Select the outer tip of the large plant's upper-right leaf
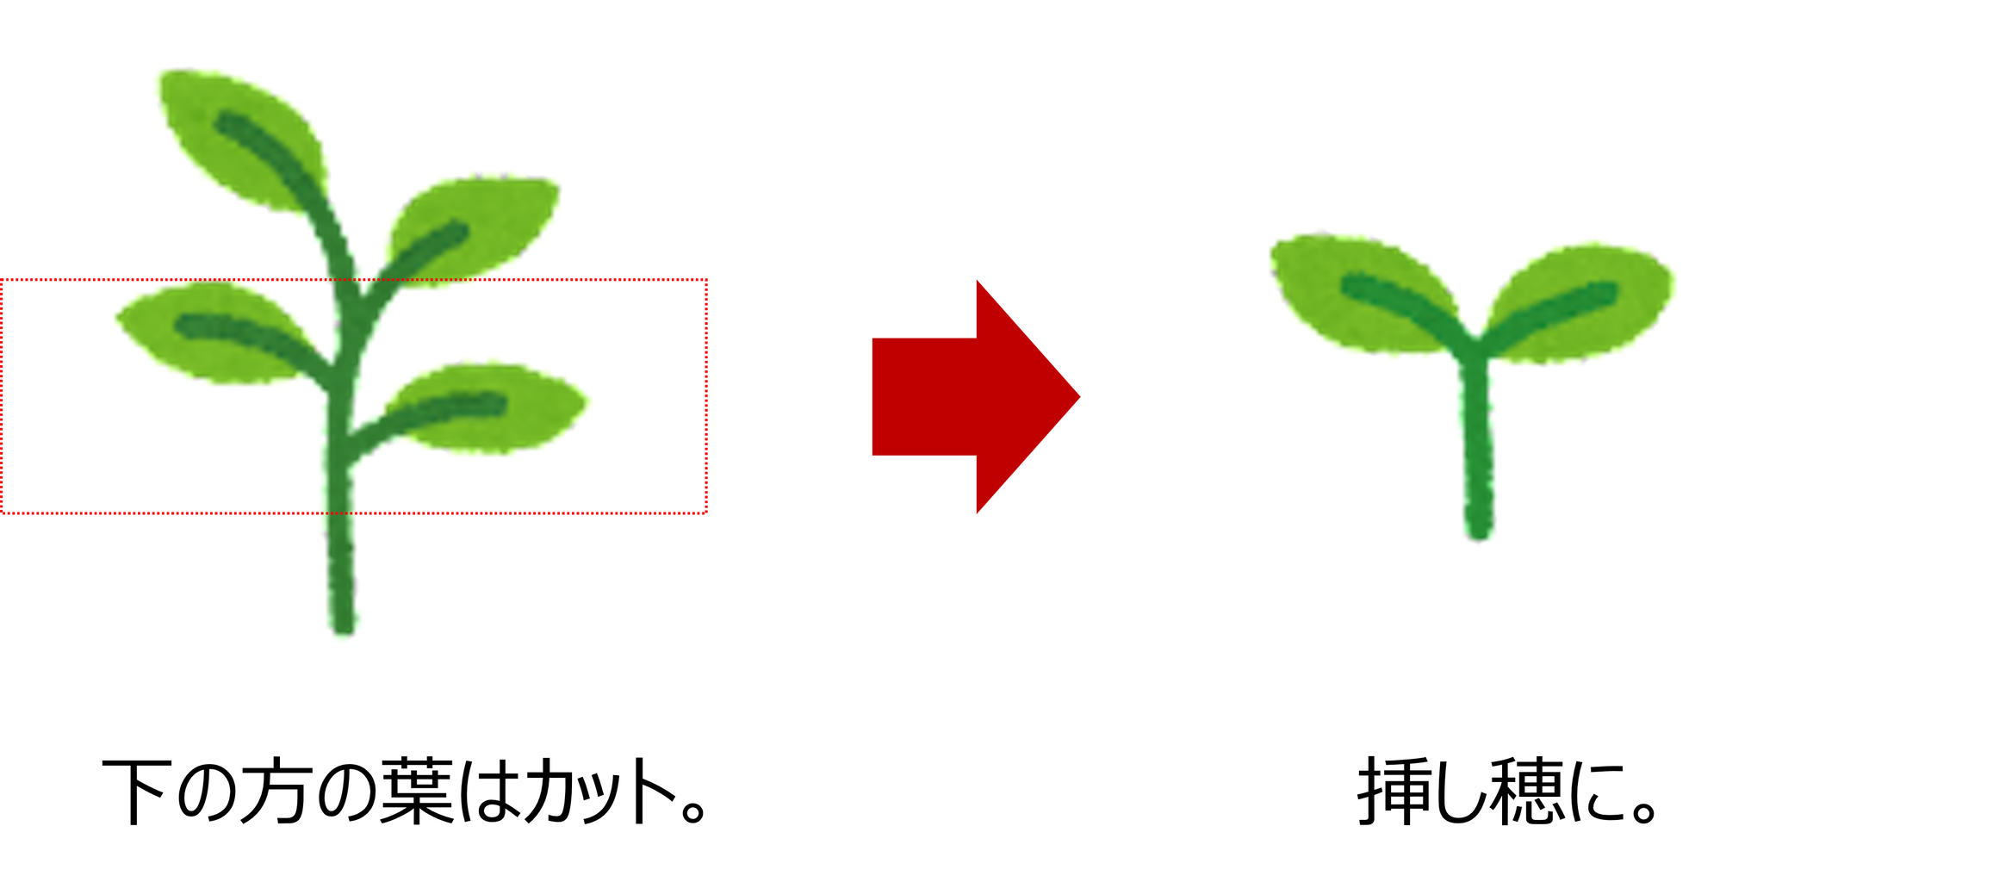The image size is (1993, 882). click(x=560, y=181)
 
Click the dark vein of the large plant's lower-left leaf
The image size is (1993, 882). click(x=233, y=330)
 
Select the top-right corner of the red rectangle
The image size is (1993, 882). click(x=706, y=280)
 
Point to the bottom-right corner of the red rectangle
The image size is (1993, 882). click(x=706, y=513)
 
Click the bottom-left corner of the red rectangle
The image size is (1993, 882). click(x=3, y=513)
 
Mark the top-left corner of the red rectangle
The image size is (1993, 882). click(x=3, y=280)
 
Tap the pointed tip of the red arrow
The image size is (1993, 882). click(x=1082, y=397)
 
